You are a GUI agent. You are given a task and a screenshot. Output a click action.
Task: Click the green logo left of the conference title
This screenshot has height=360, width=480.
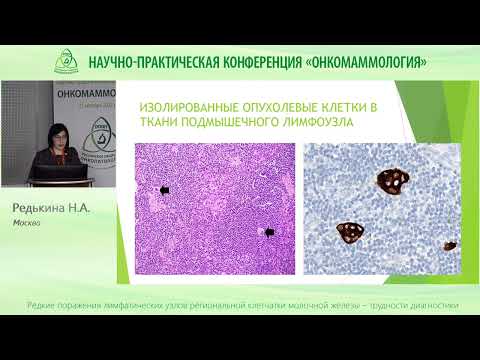point(67,60)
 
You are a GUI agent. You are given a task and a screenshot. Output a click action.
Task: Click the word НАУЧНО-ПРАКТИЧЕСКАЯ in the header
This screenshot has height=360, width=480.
point(149,61)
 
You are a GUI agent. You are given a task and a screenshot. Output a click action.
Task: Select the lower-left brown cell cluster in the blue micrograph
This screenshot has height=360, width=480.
point(350,232)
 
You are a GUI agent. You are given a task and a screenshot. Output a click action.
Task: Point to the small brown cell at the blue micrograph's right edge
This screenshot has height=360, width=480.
point(451,244)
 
